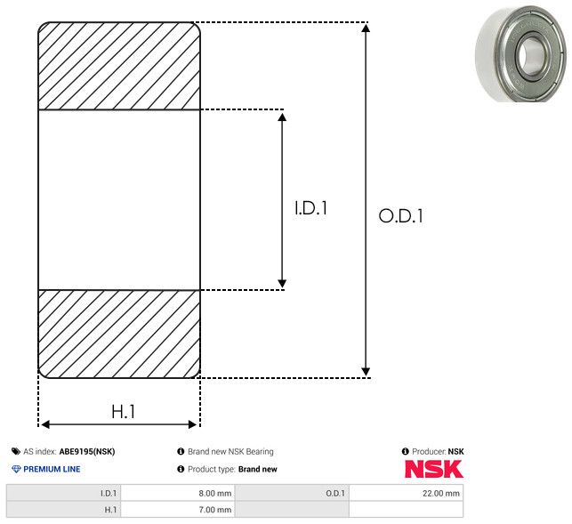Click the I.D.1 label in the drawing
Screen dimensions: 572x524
[310, 208]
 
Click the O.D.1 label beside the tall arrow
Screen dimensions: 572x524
[400, 215]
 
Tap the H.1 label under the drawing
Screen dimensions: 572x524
[124, 412]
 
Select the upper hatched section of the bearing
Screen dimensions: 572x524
[119, 66]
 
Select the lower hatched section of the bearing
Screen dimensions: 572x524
[119, 334]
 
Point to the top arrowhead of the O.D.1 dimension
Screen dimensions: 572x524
[366, 28]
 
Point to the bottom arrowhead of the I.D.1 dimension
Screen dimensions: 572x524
[282, 283]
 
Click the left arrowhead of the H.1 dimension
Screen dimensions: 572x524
[45, 424]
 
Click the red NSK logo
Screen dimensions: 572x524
[434, 469]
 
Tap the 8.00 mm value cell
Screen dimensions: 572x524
[178, 493]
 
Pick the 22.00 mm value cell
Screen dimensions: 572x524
[406, 493]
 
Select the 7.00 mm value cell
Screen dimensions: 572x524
[178, 510]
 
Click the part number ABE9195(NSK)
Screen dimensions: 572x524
[87, 451]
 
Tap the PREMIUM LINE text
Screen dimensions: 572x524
[52, 469]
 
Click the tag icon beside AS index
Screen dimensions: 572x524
[16, 451]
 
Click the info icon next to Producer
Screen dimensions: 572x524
[406, 451]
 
